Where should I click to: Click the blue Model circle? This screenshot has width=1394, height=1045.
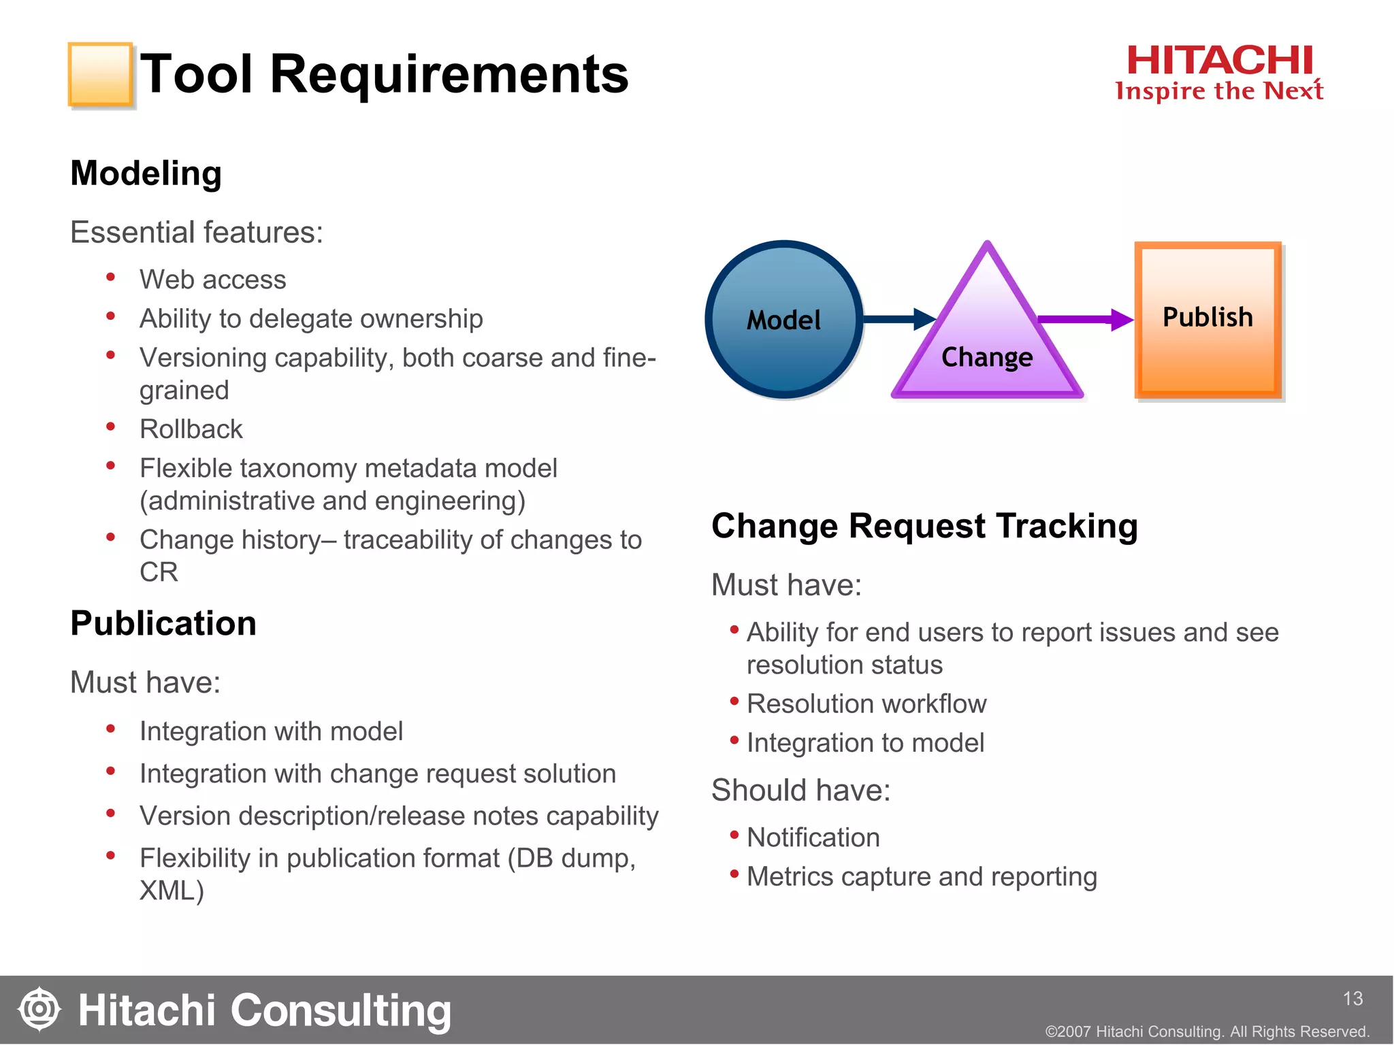[x=784, y=319]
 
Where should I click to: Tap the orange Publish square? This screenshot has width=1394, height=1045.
[x=1208, y=319]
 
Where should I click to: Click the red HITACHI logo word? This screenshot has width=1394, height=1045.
[x=1219, y=61]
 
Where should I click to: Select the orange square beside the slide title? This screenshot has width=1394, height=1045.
[x=100, y=74]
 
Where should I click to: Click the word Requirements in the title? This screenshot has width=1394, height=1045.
[x=449, y=74]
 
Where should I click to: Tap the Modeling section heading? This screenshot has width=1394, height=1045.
[x=146, y=173]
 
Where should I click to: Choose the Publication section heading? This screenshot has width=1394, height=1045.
[x=163, y=623]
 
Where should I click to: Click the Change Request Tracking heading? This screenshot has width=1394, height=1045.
[x=924, y=526]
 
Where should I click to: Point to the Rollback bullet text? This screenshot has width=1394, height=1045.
[x=191, y=429]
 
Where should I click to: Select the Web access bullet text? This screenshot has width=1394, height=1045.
[x=212, y=280]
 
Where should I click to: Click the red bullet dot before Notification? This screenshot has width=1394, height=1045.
[x=734, y=835]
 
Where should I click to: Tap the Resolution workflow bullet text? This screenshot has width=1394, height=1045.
[x=866, y=703]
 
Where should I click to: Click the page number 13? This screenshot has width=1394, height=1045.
[x=1352, y=998]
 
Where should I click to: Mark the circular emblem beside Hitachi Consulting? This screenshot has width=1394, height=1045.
[x=39, y=1009]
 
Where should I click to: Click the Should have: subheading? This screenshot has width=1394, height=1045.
[x=800, y=791]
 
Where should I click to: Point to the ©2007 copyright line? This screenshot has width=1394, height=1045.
[x=1207, y=1031]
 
